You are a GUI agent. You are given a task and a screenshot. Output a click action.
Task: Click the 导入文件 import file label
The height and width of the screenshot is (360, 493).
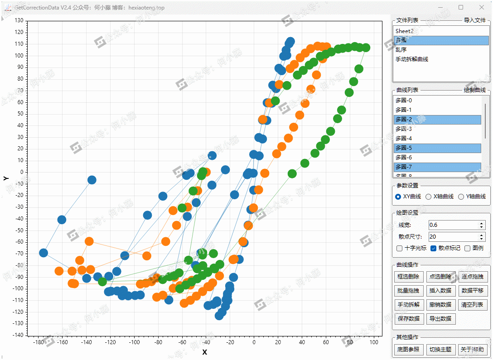[474, 20]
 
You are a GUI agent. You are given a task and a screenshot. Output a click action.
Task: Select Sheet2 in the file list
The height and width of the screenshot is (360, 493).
[405, 31]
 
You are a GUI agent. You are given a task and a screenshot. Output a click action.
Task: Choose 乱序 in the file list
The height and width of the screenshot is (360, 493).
[401, 50]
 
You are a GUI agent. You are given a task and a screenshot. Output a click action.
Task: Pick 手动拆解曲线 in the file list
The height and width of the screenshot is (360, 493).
[412, 59]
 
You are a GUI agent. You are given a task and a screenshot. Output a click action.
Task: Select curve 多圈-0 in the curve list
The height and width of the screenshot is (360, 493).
[404, 101]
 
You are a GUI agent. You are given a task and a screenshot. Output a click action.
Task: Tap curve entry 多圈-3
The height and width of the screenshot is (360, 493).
[404, 129]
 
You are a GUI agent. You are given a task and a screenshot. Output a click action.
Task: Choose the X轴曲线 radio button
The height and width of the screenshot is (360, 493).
[429, 197]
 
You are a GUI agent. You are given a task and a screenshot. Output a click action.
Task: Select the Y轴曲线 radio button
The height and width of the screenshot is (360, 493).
[461, 197]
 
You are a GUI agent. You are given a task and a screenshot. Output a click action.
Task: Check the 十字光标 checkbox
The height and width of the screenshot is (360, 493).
[399, 248]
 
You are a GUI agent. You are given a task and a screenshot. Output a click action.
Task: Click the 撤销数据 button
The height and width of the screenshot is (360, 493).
[440, 304]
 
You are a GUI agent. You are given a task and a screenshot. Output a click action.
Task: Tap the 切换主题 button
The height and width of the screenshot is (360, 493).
[440, 349]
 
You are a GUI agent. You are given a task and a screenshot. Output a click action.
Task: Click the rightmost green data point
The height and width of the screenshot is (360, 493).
[366, 48]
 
